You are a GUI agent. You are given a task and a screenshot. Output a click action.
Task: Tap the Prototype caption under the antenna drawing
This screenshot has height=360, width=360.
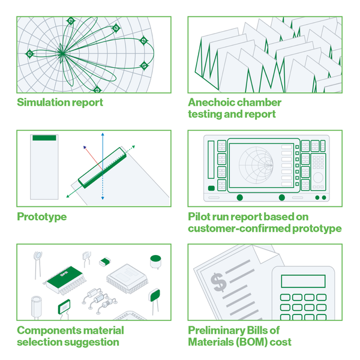pyautogui.click(x=41, y=217)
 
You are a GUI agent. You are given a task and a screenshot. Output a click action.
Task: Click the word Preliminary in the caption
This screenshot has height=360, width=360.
pyautogui.click(x=221, y=331)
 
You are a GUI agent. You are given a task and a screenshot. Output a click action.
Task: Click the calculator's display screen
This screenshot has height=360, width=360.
pyautogui.click(x=303, y=281)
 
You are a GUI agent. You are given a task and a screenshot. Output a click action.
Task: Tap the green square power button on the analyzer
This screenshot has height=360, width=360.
pyautogui.click(x=211, y=188)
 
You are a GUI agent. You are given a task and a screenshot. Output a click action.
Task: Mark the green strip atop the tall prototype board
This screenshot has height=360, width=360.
pyautogui.click(x=44, y=138)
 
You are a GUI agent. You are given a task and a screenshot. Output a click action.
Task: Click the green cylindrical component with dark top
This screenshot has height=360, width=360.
pyautogui.click(x=157, y=262)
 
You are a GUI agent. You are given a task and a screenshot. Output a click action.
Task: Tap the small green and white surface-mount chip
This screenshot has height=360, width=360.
pyautogui.click(x=104, y=262)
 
